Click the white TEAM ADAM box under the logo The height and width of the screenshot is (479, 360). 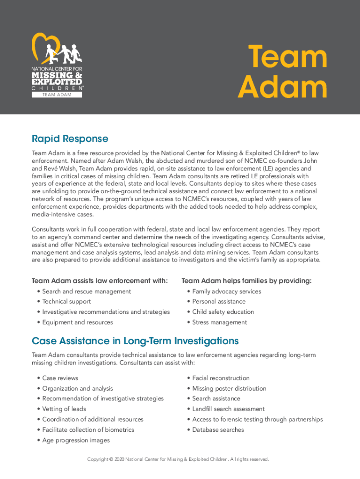coord(57,94)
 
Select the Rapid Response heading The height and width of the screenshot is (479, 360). coord(70,139)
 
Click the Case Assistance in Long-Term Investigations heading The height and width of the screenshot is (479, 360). coord(135,341)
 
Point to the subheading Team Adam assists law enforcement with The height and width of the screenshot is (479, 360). coord(100,281)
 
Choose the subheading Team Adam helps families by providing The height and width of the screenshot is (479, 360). coord(246,281)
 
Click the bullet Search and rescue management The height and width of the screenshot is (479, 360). coord(86,291)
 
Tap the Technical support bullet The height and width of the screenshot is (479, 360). coord(66,302)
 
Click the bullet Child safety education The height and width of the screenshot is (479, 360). coord(223,312)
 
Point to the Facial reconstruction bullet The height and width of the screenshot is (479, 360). coord(221,378)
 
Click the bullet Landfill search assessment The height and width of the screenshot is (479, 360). coord(228,409)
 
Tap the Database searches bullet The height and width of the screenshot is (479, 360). coord(218,429)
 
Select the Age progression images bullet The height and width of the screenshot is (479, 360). coord(76,440)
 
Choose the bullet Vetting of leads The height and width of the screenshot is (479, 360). coord(64,409)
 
